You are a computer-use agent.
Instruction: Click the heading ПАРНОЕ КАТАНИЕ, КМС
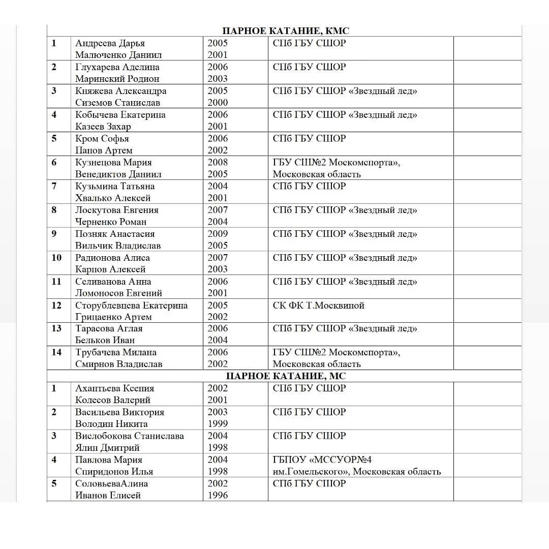coord(286,31)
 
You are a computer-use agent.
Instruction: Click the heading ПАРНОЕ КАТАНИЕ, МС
coord(286,376)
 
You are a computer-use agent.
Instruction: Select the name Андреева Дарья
coord(110,43)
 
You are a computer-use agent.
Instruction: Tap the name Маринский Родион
coord(117,79)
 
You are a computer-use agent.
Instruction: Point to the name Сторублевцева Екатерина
coord(131,306)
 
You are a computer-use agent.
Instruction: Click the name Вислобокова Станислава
coord(130,436)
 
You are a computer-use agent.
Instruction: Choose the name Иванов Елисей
coord(108,495)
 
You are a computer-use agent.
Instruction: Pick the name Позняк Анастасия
coord(115,234)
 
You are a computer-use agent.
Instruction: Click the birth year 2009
coord(218,234)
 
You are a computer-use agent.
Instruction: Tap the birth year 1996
coord(218,495)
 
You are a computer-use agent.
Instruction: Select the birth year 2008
coord(218,162)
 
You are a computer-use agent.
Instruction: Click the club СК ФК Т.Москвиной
coord(318,306)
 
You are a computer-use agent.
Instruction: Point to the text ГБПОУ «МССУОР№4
coord(322,460)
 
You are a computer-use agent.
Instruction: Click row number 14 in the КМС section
coord(56,352)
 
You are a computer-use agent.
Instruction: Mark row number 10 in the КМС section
coord(56,258)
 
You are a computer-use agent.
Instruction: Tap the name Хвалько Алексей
coord(113,198)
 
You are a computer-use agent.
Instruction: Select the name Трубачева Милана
coord(116,352)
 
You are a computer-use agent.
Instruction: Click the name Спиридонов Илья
coord(114,471)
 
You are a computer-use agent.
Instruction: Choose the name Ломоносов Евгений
coord(118,293)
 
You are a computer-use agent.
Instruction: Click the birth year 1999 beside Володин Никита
coord(218,423)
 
